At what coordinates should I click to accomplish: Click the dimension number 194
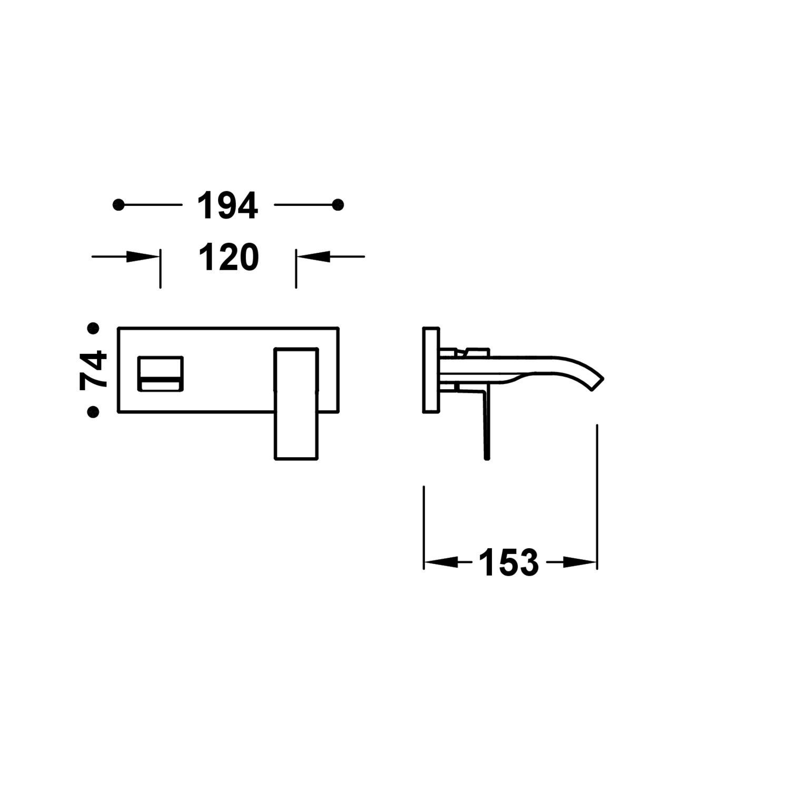coord(228,205)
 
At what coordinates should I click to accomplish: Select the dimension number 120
coord(229,258)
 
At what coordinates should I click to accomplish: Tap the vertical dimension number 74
coord(93,370)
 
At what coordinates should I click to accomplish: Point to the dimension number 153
coord(509,563)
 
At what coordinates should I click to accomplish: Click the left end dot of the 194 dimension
coord(118,205)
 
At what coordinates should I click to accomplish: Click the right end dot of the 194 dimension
coord(338,205)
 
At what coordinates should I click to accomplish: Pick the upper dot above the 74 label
coord(93,329)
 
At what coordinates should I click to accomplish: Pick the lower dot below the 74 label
coord(93,411)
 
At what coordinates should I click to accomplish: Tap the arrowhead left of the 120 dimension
coord(143,257)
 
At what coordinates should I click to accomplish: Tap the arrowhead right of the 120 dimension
coord(313,257)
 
